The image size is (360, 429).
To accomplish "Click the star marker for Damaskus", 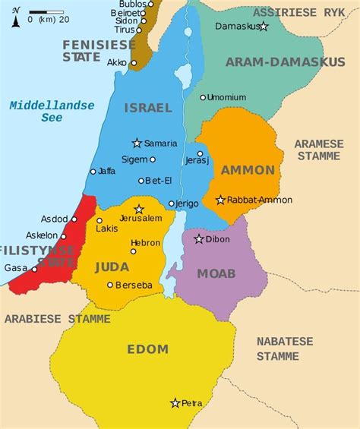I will pos(264,27).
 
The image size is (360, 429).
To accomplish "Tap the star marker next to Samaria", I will pos(137,143).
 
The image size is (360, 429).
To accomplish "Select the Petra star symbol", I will pos(175,403).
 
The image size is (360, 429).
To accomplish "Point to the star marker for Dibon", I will pos(199,239).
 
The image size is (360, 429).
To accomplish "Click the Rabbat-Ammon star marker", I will pos(220,200).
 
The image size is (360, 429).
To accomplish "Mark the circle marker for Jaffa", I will pos(93,172).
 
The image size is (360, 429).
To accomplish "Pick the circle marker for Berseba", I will pos(110,285).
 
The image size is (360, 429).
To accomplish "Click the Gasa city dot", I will pos(34,269).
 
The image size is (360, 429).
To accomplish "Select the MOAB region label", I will pos(216,273).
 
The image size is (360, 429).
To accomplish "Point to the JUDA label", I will pos(112,267).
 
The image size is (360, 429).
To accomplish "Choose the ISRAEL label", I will pos(148,108).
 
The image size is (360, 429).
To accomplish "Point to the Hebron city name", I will pos(145,242).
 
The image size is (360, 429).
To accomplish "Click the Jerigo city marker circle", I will pos(172,203).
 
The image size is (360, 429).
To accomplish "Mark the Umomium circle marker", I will pos(203,97).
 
